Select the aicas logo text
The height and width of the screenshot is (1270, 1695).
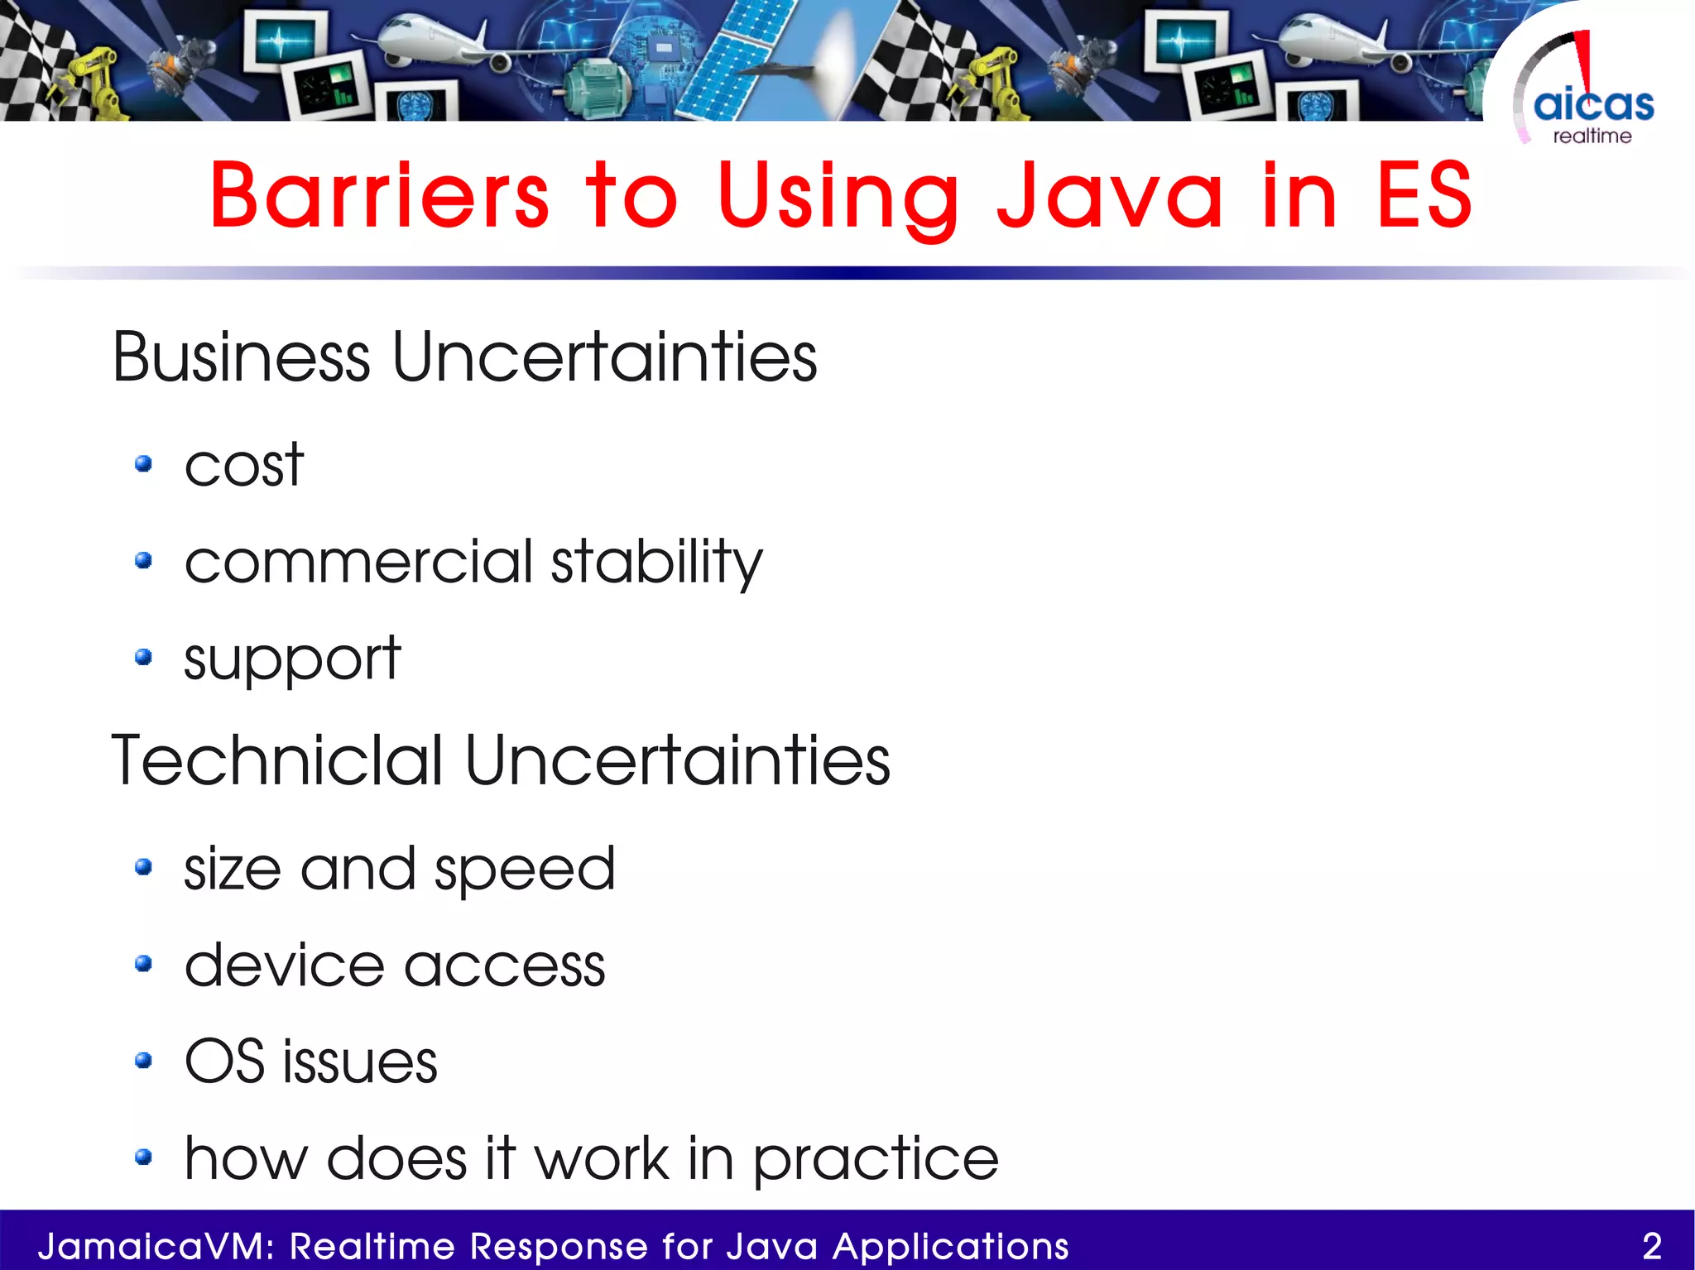click(1593, 105)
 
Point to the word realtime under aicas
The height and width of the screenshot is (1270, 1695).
click(1592, 137)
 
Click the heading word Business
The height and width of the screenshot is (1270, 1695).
click(241, 357)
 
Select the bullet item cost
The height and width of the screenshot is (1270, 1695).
click(243, 466)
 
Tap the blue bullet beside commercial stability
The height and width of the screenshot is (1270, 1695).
click(143, 561)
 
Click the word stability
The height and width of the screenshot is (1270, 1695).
click(655, 563)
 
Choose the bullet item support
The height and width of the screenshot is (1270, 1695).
click(291, 659)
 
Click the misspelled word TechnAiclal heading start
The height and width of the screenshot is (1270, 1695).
click(277, 760)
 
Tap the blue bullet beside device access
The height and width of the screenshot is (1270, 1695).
click(143, 963)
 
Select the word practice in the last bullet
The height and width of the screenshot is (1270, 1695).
click(875, 1160)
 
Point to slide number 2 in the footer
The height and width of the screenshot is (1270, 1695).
click(1652, 1246)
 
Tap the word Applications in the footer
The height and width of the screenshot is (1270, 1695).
click(951, 1246)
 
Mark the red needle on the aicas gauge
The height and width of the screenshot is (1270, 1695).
click(1584, 62)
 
